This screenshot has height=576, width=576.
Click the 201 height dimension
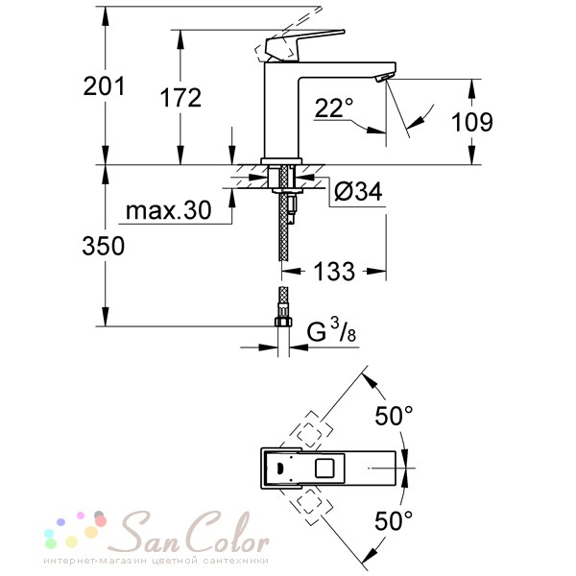pyautogui.click(x=104, y=86)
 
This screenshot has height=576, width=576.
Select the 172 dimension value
pyautogui.click(x=180, y=98)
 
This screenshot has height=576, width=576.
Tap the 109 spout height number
pyautogui.click(x=472, y=122)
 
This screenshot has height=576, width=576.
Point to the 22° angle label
pyautogui.click(x=333, y=108)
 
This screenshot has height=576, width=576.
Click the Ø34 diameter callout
pyautogui.click(x=358, y=191)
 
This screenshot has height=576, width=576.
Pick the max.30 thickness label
pyautogui.click(x=169, y=210)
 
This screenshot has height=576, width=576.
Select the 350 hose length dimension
pyautogui.click(x=104, y=246)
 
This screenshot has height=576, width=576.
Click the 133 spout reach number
pyautogui.click(x=334, y=272)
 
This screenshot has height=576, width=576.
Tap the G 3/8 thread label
pyautogui.click(x=331, y=330)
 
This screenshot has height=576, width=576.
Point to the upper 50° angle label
pyautogui.click(x=394, y=416)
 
